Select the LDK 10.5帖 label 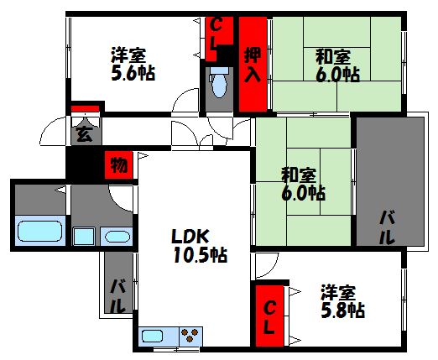click(x=197, y=243)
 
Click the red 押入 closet click(x=253, y=65)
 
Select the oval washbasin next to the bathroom click(x=116, y=236)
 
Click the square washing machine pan click(x=83, y=236)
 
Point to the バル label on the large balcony click(x=387, y=227)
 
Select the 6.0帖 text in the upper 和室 click(x=338, y=75)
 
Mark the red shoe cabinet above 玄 click(x=86, y=108)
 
